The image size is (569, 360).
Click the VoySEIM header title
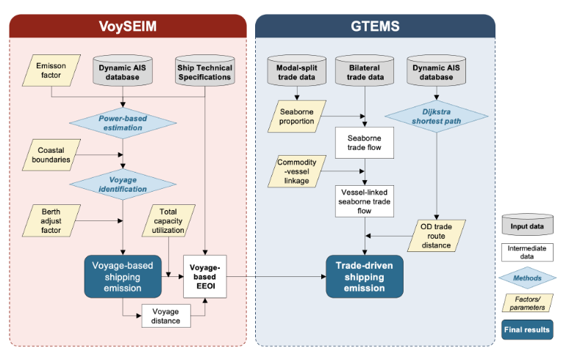[127, 26]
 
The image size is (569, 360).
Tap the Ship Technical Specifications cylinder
[204, 71]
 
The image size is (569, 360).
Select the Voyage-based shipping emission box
[122, 275]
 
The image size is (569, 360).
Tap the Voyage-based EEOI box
[205, 275]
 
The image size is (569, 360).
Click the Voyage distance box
[167, 315]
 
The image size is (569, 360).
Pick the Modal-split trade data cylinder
[297, 71]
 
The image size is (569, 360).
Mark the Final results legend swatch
[527, 329]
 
